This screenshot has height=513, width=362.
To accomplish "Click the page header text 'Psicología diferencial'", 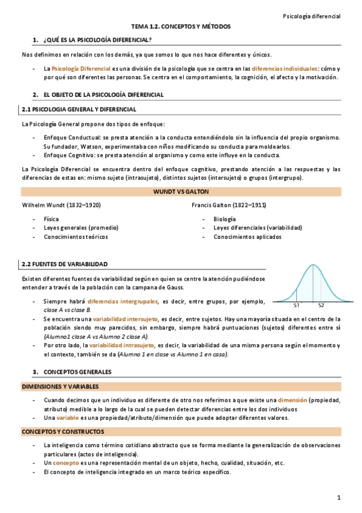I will coord(312,15).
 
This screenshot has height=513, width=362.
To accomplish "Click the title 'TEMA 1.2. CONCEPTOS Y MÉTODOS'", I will coord(181,27).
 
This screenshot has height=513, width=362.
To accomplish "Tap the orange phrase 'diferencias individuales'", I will coord(283,68).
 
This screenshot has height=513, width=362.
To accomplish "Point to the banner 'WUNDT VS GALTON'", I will coord(181,191).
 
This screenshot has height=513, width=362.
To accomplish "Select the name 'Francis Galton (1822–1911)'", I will coord(229,205).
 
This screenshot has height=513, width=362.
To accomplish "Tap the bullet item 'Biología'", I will coord(225,218).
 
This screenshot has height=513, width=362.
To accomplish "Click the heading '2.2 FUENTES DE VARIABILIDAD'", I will coord(65,264).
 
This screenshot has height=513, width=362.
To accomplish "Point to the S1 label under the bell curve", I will coord(297,306).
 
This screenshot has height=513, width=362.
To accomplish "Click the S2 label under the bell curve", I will coord(321,306).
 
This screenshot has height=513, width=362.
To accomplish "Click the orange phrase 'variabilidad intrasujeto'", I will coord(116,345).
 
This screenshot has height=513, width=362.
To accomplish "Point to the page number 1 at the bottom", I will coord(339,497).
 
